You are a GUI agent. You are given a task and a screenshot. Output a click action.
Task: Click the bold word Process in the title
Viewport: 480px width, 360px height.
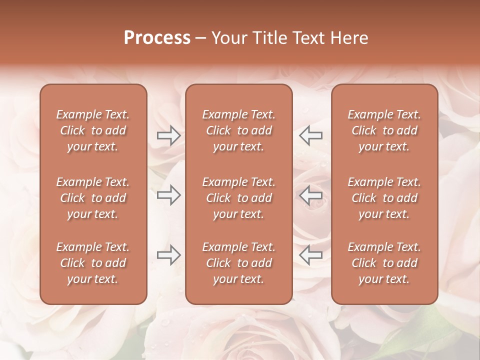(157, 38)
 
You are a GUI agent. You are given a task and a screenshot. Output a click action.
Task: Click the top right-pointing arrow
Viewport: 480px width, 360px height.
(168, 135)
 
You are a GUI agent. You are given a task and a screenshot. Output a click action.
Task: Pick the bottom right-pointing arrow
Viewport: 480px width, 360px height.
(168, 255)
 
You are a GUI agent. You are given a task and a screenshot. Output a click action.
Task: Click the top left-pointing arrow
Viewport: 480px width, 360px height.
(310, 135)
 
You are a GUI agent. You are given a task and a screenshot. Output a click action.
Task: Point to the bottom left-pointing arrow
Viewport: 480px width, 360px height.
(310, 255)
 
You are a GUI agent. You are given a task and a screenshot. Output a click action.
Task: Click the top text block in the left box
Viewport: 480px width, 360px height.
(93, 130)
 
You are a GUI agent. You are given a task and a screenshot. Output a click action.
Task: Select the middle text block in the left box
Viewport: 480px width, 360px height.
(93, 198)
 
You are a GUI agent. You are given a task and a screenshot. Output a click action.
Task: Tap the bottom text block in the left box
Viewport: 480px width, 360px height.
(93, 263)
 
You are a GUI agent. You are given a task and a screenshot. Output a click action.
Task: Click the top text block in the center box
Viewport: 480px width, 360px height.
(238, 130)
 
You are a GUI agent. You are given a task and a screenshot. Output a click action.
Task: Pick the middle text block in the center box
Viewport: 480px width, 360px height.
(238, 198)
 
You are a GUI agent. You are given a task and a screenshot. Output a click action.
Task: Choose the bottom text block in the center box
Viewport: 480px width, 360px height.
(238, 263)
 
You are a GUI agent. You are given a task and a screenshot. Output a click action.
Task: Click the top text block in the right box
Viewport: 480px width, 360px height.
(384, 130)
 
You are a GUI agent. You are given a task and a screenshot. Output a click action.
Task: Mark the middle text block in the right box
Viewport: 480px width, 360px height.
(384, 198)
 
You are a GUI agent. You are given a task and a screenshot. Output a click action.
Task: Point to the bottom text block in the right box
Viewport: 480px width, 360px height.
(384, 263)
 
